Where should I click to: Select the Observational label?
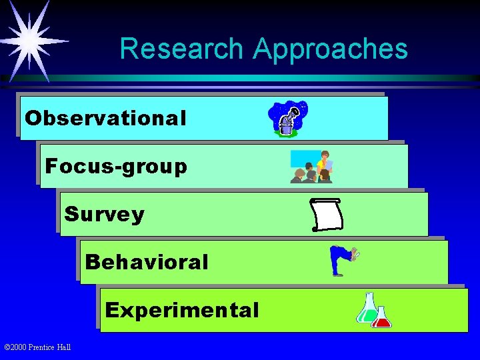[105, 118]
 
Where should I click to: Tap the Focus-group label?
[116, 166]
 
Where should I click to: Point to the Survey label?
[104, 214]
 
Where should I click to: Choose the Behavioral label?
[147, 262]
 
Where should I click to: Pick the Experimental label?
[182, 310]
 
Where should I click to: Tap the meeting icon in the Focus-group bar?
[311, 167]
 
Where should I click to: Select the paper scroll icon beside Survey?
[327, 215]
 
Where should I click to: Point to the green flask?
[367, 308]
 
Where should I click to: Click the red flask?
[382, 317]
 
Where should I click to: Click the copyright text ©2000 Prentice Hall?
[37, 347]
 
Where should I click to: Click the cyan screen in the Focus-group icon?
[303, 158]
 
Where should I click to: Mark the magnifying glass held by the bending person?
[357, 253]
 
